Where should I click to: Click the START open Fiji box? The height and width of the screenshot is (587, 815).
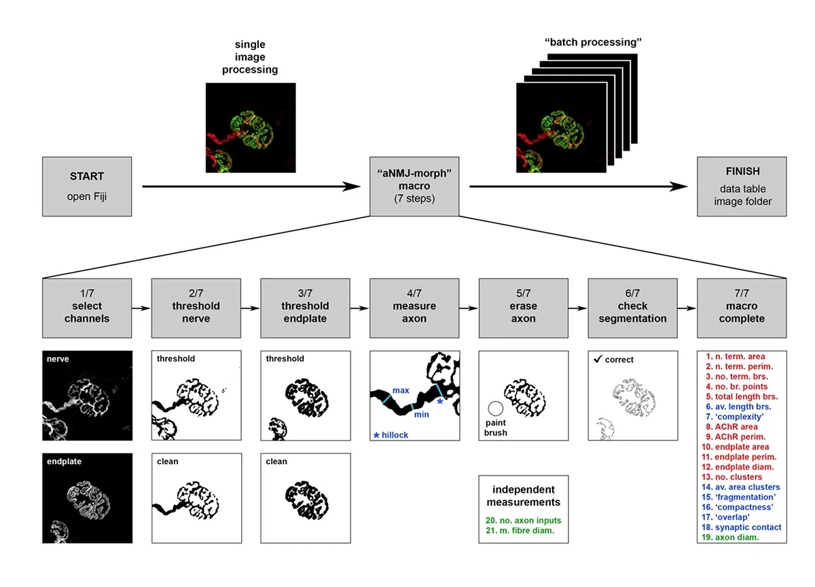tap(87, 187)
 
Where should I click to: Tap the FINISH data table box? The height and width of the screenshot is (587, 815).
tap(742, 187)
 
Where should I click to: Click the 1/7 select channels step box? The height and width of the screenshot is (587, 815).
tap(87, 307)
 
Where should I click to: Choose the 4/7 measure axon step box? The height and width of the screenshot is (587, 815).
tap(414, 307)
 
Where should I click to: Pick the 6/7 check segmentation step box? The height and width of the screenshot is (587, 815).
tap(632, 307)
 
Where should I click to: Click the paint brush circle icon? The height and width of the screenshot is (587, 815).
tap(495, 409)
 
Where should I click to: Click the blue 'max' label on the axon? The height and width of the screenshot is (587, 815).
tap(400, 391)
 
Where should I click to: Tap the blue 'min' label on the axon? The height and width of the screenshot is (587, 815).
tap(421, 414)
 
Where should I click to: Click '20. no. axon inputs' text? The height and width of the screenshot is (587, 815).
tap(523, 520)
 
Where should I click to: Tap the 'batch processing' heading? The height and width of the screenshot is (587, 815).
tap(593, 42)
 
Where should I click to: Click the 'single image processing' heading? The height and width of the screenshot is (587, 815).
tap(251, 57)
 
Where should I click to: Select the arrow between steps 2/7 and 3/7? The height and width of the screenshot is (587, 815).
tap(251, 307)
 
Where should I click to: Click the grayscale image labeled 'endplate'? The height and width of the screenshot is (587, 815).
tap(87, 497)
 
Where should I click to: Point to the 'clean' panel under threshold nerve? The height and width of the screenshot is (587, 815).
tap(196, 497)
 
